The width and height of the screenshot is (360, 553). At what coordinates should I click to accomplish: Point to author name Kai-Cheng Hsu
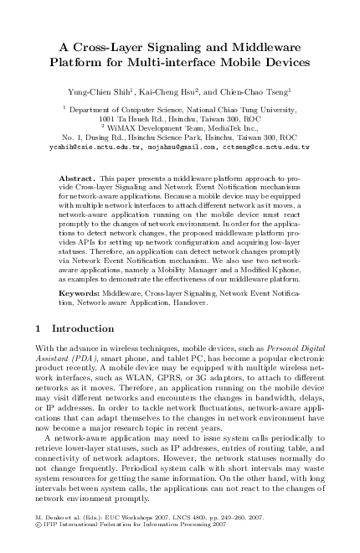pos(173,88)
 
